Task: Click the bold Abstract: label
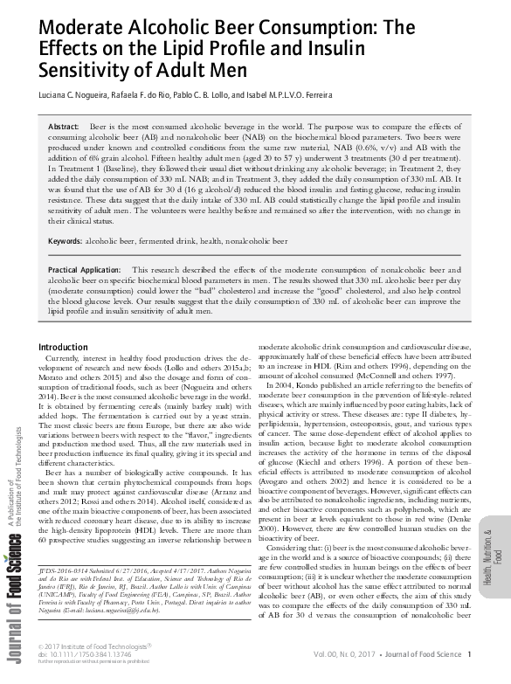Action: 64,128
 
